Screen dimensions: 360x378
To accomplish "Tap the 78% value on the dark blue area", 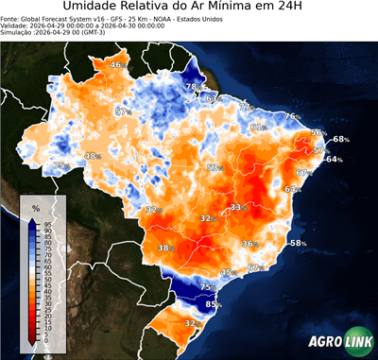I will [x=192, y=87].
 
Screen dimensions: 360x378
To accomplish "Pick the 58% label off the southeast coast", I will [x=298, y=244].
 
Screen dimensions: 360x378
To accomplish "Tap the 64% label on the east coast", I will [x=333, y=160].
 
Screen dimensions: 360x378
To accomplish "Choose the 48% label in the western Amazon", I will [x=93, y=156].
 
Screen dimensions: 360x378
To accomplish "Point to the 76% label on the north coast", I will [x=293, y=116].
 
